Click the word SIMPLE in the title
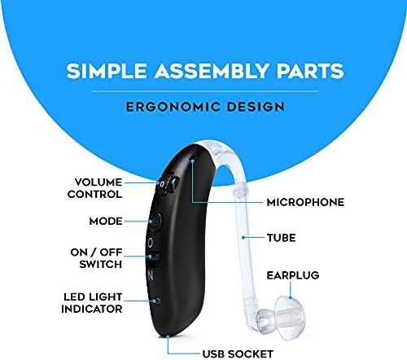coord(107,71)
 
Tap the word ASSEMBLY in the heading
coord(212,71)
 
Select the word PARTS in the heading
coord(310,71)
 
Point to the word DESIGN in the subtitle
coord(256,107)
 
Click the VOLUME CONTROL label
coord(95,188)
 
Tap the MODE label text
coord(106,222)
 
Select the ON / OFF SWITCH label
coord(96,258)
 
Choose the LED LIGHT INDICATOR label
coord(92,303)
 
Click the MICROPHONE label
coord(305,202)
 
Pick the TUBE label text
coord(282,238)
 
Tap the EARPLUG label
coord(293,275)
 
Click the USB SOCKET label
coord(238,354)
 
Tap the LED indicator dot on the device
coord(157,301)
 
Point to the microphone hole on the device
coord(194,157)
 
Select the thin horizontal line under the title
coord(205,91)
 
